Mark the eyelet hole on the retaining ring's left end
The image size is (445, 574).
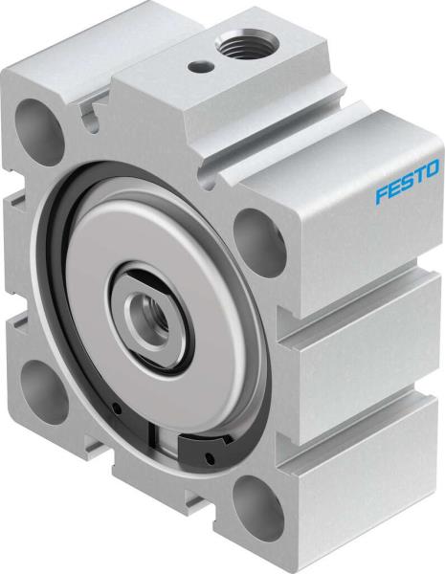click(x=117, y=409)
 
